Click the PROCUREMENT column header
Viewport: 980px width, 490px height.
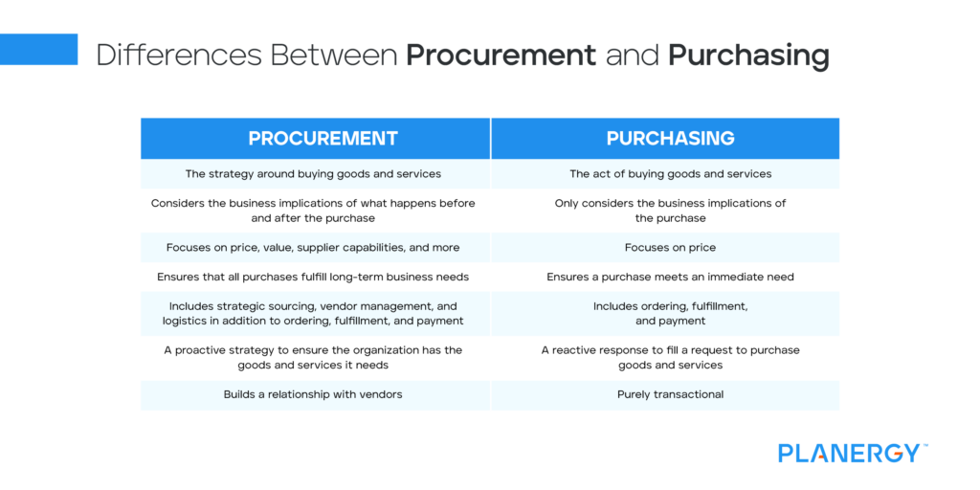point(323,139)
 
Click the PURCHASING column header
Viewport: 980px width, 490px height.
point(670,139)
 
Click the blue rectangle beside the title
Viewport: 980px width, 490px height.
point(38,49)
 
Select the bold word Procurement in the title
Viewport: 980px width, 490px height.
point(501,56)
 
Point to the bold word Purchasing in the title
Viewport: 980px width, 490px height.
point(748,56)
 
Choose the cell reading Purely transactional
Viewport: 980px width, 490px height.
point(670,394)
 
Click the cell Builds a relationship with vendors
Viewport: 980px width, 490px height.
point(313,394)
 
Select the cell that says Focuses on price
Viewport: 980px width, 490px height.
point(670,247)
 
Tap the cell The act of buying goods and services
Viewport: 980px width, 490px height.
point(670,174)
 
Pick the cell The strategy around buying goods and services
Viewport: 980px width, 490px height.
point(313,174)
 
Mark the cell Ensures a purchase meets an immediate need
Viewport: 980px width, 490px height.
point(670,277)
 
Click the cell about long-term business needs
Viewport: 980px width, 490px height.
point(313,277)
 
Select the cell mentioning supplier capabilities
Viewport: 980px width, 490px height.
point(313,247)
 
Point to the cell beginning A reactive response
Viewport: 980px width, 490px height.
point(670,357)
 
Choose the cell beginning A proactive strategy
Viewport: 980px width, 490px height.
point(313,357)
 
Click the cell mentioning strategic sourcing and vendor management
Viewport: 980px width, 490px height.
point(313,313)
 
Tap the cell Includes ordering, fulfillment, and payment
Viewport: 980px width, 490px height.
point(670,313)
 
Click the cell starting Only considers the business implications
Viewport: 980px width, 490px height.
point(670,211)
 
